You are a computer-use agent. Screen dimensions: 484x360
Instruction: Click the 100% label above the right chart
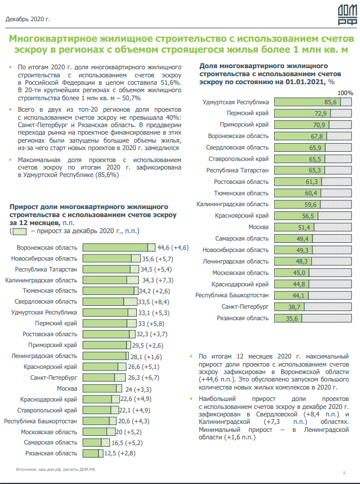click(x=346, y=93)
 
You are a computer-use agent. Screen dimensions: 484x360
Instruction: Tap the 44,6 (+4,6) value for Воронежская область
click(x=172, y=247)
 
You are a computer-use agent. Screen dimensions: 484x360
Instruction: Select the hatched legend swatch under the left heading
click(x=20, y=231)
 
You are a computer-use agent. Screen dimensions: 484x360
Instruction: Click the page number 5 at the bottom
click(x=345, y=472)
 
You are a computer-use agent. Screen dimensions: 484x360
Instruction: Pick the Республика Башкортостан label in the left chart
click(x=40, y=421)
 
